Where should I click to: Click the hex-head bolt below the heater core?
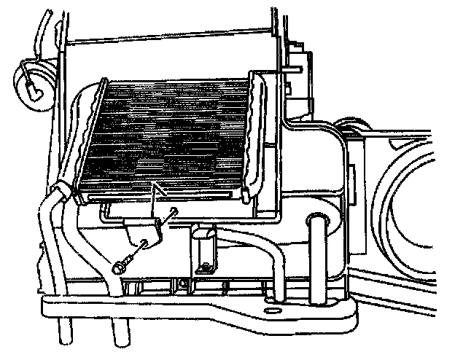click(118, 267)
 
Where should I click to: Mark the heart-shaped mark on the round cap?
click(33, 90)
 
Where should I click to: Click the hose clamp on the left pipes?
click(62, 192)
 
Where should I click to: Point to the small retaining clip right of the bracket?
click(203, 248)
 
